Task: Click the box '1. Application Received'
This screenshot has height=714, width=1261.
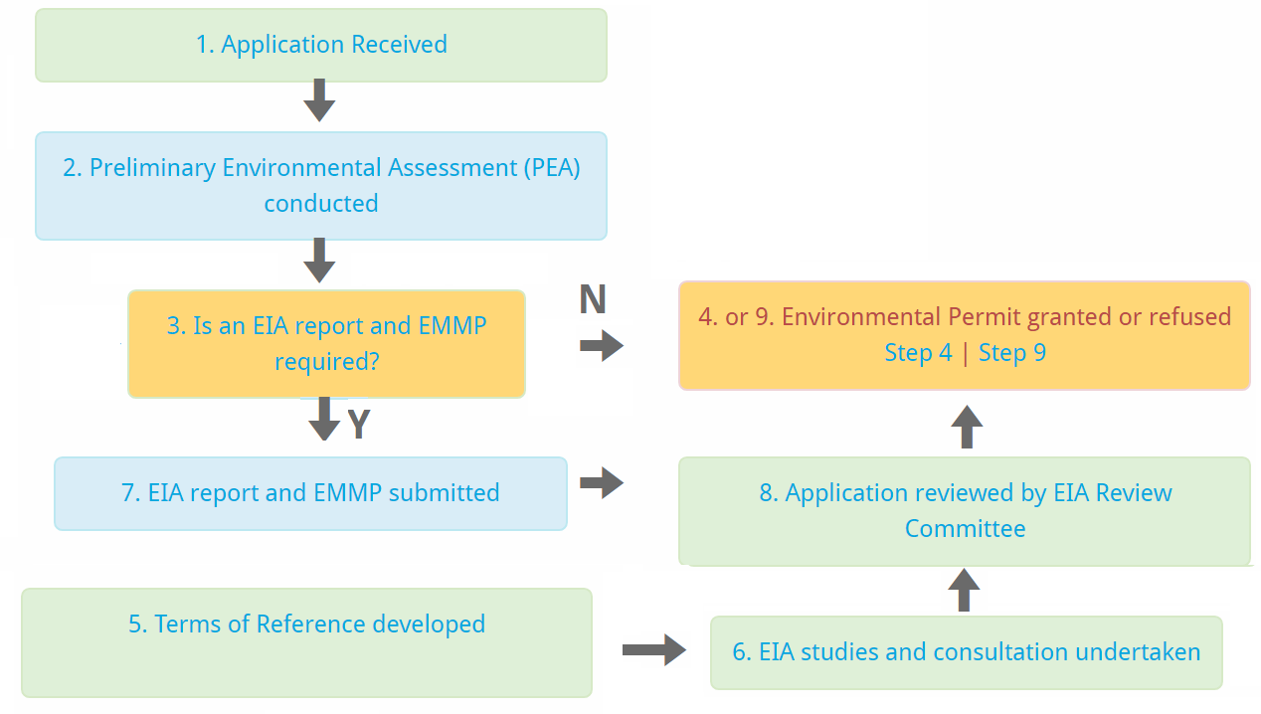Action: coord(321,45)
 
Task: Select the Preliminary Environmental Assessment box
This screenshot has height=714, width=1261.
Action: coord(321,186)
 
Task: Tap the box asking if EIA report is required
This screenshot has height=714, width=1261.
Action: coord(326,344)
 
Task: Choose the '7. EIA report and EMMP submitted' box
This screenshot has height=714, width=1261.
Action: coord(310,493)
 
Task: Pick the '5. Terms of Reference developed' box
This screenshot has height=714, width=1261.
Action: coord(307,643)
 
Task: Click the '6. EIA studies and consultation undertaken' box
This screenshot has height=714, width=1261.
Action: coord(967,652)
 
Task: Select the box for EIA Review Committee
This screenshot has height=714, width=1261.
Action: coord(965,511)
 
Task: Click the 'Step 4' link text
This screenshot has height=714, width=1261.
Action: coord(918,353)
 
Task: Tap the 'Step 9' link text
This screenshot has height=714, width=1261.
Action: coord(1012,353)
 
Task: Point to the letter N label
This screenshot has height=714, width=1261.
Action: coord(593,299)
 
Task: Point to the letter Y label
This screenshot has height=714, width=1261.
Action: coord(359,424)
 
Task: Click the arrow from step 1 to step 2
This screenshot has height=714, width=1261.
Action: coord(319,100)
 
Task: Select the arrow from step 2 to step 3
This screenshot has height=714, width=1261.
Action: coord(319,261)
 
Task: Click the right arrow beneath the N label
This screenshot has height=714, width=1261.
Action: coord(602,345)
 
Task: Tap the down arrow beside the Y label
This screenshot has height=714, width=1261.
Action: coord(324,419)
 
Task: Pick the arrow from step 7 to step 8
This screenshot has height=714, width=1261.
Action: coord(602,482)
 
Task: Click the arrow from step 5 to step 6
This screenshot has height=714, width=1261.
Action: coord(654,649)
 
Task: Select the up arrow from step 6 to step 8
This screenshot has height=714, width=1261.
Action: coord(964,590)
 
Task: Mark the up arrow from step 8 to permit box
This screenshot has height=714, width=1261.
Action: coord(968,427)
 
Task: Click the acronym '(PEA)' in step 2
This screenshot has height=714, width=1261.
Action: coord(552,168)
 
